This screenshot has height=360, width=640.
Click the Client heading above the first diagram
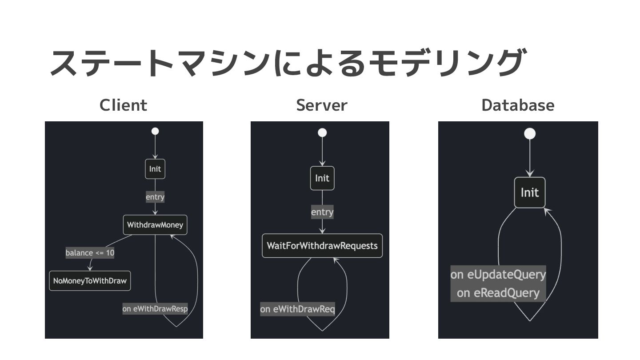pos(123,105)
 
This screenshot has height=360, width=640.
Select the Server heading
pos(321,105)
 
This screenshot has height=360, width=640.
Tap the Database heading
pos(518,105)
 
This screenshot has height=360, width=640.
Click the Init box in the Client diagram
pos(155,169)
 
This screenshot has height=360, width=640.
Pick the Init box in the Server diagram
pos(322,178)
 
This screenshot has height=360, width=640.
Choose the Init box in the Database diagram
pos(529,192)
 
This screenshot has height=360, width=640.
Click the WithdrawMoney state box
pos(155,225)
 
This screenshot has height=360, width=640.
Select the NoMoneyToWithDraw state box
pos(90,281)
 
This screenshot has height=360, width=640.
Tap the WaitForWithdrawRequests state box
pos(322,246)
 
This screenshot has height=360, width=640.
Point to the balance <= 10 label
pos(90,253)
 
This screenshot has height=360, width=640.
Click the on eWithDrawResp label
pos(155,308)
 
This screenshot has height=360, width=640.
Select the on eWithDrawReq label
pos(297,309)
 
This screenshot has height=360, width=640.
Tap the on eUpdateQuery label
pos(498,274)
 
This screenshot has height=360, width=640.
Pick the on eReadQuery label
pos(498,293)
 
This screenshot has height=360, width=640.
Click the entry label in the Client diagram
pos(155,197)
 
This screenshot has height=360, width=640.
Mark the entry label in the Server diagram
pos(322,212)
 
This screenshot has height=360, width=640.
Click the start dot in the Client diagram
pos(155,131)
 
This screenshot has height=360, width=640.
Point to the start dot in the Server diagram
pos(322,132)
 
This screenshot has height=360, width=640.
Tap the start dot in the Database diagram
pos(530,134)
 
